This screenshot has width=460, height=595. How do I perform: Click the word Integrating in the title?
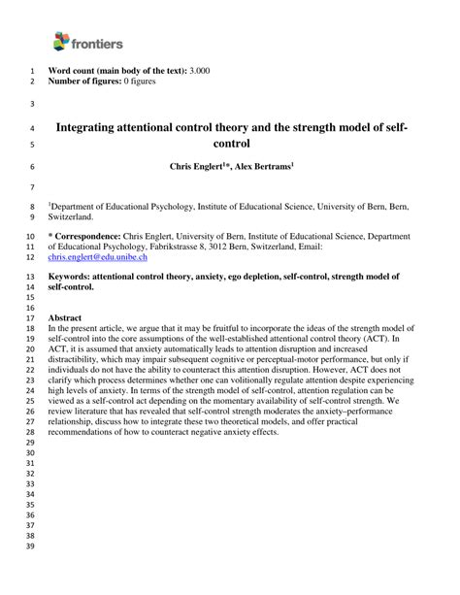coord(94,126)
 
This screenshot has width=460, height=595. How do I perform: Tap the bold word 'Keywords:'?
coord(76,277)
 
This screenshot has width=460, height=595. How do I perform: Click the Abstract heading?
coord(65,317)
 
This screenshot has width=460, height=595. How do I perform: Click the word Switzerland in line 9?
coord(71,217)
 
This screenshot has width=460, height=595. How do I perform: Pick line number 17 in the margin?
coord(28,317)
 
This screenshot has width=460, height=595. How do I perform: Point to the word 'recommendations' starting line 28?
coord(87,431)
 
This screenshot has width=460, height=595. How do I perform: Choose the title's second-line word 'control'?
coord(231,144)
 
